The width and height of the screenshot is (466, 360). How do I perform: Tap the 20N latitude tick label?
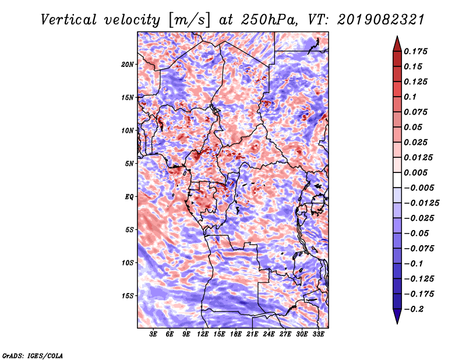pos(128,64)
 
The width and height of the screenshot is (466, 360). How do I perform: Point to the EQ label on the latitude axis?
pos(129,197)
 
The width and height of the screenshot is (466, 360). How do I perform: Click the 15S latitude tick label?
pos(128,296)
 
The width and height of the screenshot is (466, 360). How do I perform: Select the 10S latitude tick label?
pos(128,263)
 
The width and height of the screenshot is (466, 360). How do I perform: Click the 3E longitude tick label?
pos(154,335)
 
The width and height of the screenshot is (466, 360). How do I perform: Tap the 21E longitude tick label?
pos(252,335)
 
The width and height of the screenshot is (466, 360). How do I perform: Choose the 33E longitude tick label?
pos(318,335)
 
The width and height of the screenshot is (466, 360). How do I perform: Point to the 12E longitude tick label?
pos(203,335)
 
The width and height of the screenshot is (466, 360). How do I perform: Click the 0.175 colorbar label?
pos(417,51)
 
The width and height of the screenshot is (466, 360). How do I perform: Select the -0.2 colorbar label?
pos(415,309)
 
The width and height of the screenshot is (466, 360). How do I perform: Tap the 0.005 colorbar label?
pos(417,172)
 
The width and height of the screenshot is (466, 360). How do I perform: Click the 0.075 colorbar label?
pos(417,112)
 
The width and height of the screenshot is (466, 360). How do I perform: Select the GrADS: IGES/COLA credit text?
pos(33,355)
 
